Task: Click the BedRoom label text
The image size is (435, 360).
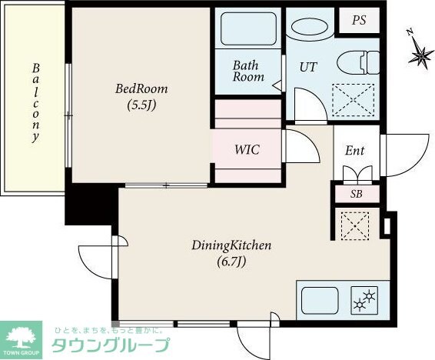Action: (141, 88)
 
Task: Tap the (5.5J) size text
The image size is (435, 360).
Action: (141, 105)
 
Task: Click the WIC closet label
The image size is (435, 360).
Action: (247, 149)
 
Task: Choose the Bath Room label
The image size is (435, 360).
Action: (248, 71)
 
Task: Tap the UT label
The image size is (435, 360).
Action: (307, 67)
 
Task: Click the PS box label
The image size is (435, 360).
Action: (358, 21)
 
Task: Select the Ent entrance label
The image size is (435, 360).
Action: (354, 150)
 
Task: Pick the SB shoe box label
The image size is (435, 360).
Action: (356, 193)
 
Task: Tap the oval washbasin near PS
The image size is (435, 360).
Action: (313, 25)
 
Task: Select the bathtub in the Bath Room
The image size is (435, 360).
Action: (248, 28)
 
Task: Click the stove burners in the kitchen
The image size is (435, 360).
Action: (362, 300)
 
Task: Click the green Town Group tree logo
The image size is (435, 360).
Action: (23, 337)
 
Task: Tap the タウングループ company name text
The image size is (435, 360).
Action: (109, 344)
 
